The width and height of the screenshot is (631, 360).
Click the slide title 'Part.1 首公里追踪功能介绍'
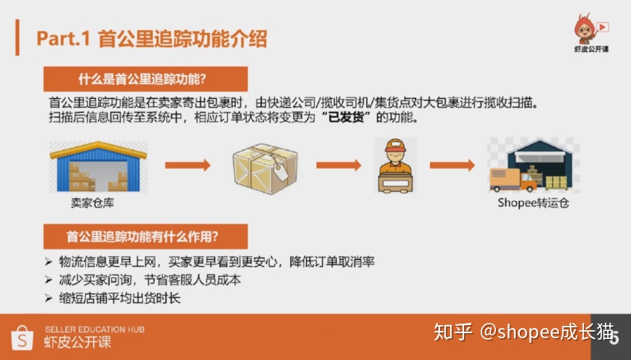click(x=152, y=39)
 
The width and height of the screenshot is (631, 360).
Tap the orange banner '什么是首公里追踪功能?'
click(x=145, y=79)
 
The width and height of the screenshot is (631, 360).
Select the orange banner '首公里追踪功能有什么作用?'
click(x=145, y=236)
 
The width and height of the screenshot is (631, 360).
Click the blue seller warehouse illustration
click(x=98, y=166)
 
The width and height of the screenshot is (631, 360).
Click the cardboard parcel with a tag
click(x=265, y=165)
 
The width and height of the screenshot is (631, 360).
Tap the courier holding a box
click(x=396, y=165)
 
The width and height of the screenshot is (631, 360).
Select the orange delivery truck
click(x=512, y=178)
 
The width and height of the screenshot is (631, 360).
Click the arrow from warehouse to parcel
click(x=187, y=165)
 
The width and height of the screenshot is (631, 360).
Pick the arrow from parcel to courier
click(x=338, y=165)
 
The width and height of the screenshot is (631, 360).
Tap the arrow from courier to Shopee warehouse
click(x=452, y=165)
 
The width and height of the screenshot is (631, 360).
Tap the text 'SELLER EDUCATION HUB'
click(x=94, y=330)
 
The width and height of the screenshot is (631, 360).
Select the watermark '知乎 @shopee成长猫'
click(x=523, y=333)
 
